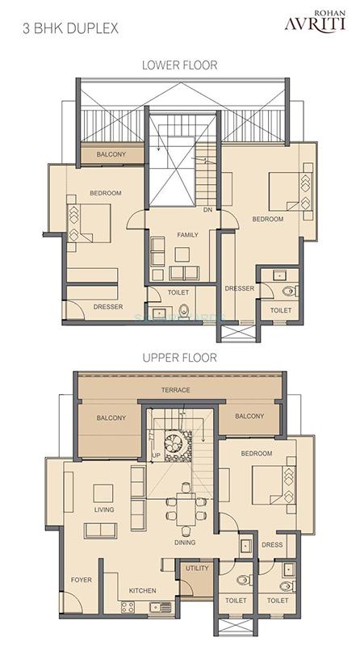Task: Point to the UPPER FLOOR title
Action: click(x=178, y=356)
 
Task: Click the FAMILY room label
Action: click(x=187, y=234)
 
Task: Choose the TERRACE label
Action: click(x=175, y=390)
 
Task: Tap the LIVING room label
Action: click(x=103, y=510)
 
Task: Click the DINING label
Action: click(x=185, y=543)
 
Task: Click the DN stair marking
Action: click(x=207, y=210)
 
